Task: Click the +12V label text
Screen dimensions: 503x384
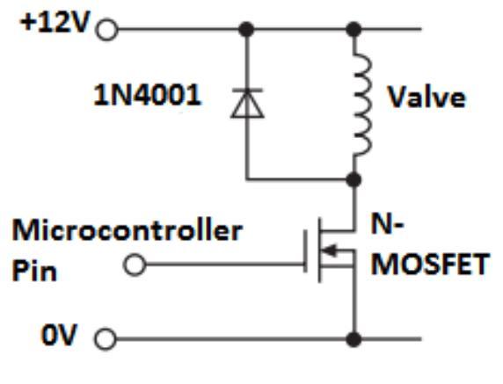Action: (55, 23)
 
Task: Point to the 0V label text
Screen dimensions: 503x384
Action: (59, 335)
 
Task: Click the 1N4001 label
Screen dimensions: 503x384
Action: (147, 95)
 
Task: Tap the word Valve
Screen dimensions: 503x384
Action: (426, 97)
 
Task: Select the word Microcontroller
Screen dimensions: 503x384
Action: (127, 230)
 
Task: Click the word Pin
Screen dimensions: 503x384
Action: (34, 271)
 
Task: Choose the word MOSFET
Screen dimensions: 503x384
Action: (430, 264)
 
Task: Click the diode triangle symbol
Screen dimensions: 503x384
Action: (247, 105)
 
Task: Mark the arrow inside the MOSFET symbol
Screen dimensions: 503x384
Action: (330, 250)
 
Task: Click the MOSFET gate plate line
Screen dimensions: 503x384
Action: (305, 251)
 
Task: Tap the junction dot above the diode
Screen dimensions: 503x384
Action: (246, 30)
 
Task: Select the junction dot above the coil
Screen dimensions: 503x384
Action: (354, 30)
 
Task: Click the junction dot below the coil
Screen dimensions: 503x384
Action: (354, 179)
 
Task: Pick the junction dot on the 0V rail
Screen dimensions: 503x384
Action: (354, 339)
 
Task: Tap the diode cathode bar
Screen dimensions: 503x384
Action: (247, 91)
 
